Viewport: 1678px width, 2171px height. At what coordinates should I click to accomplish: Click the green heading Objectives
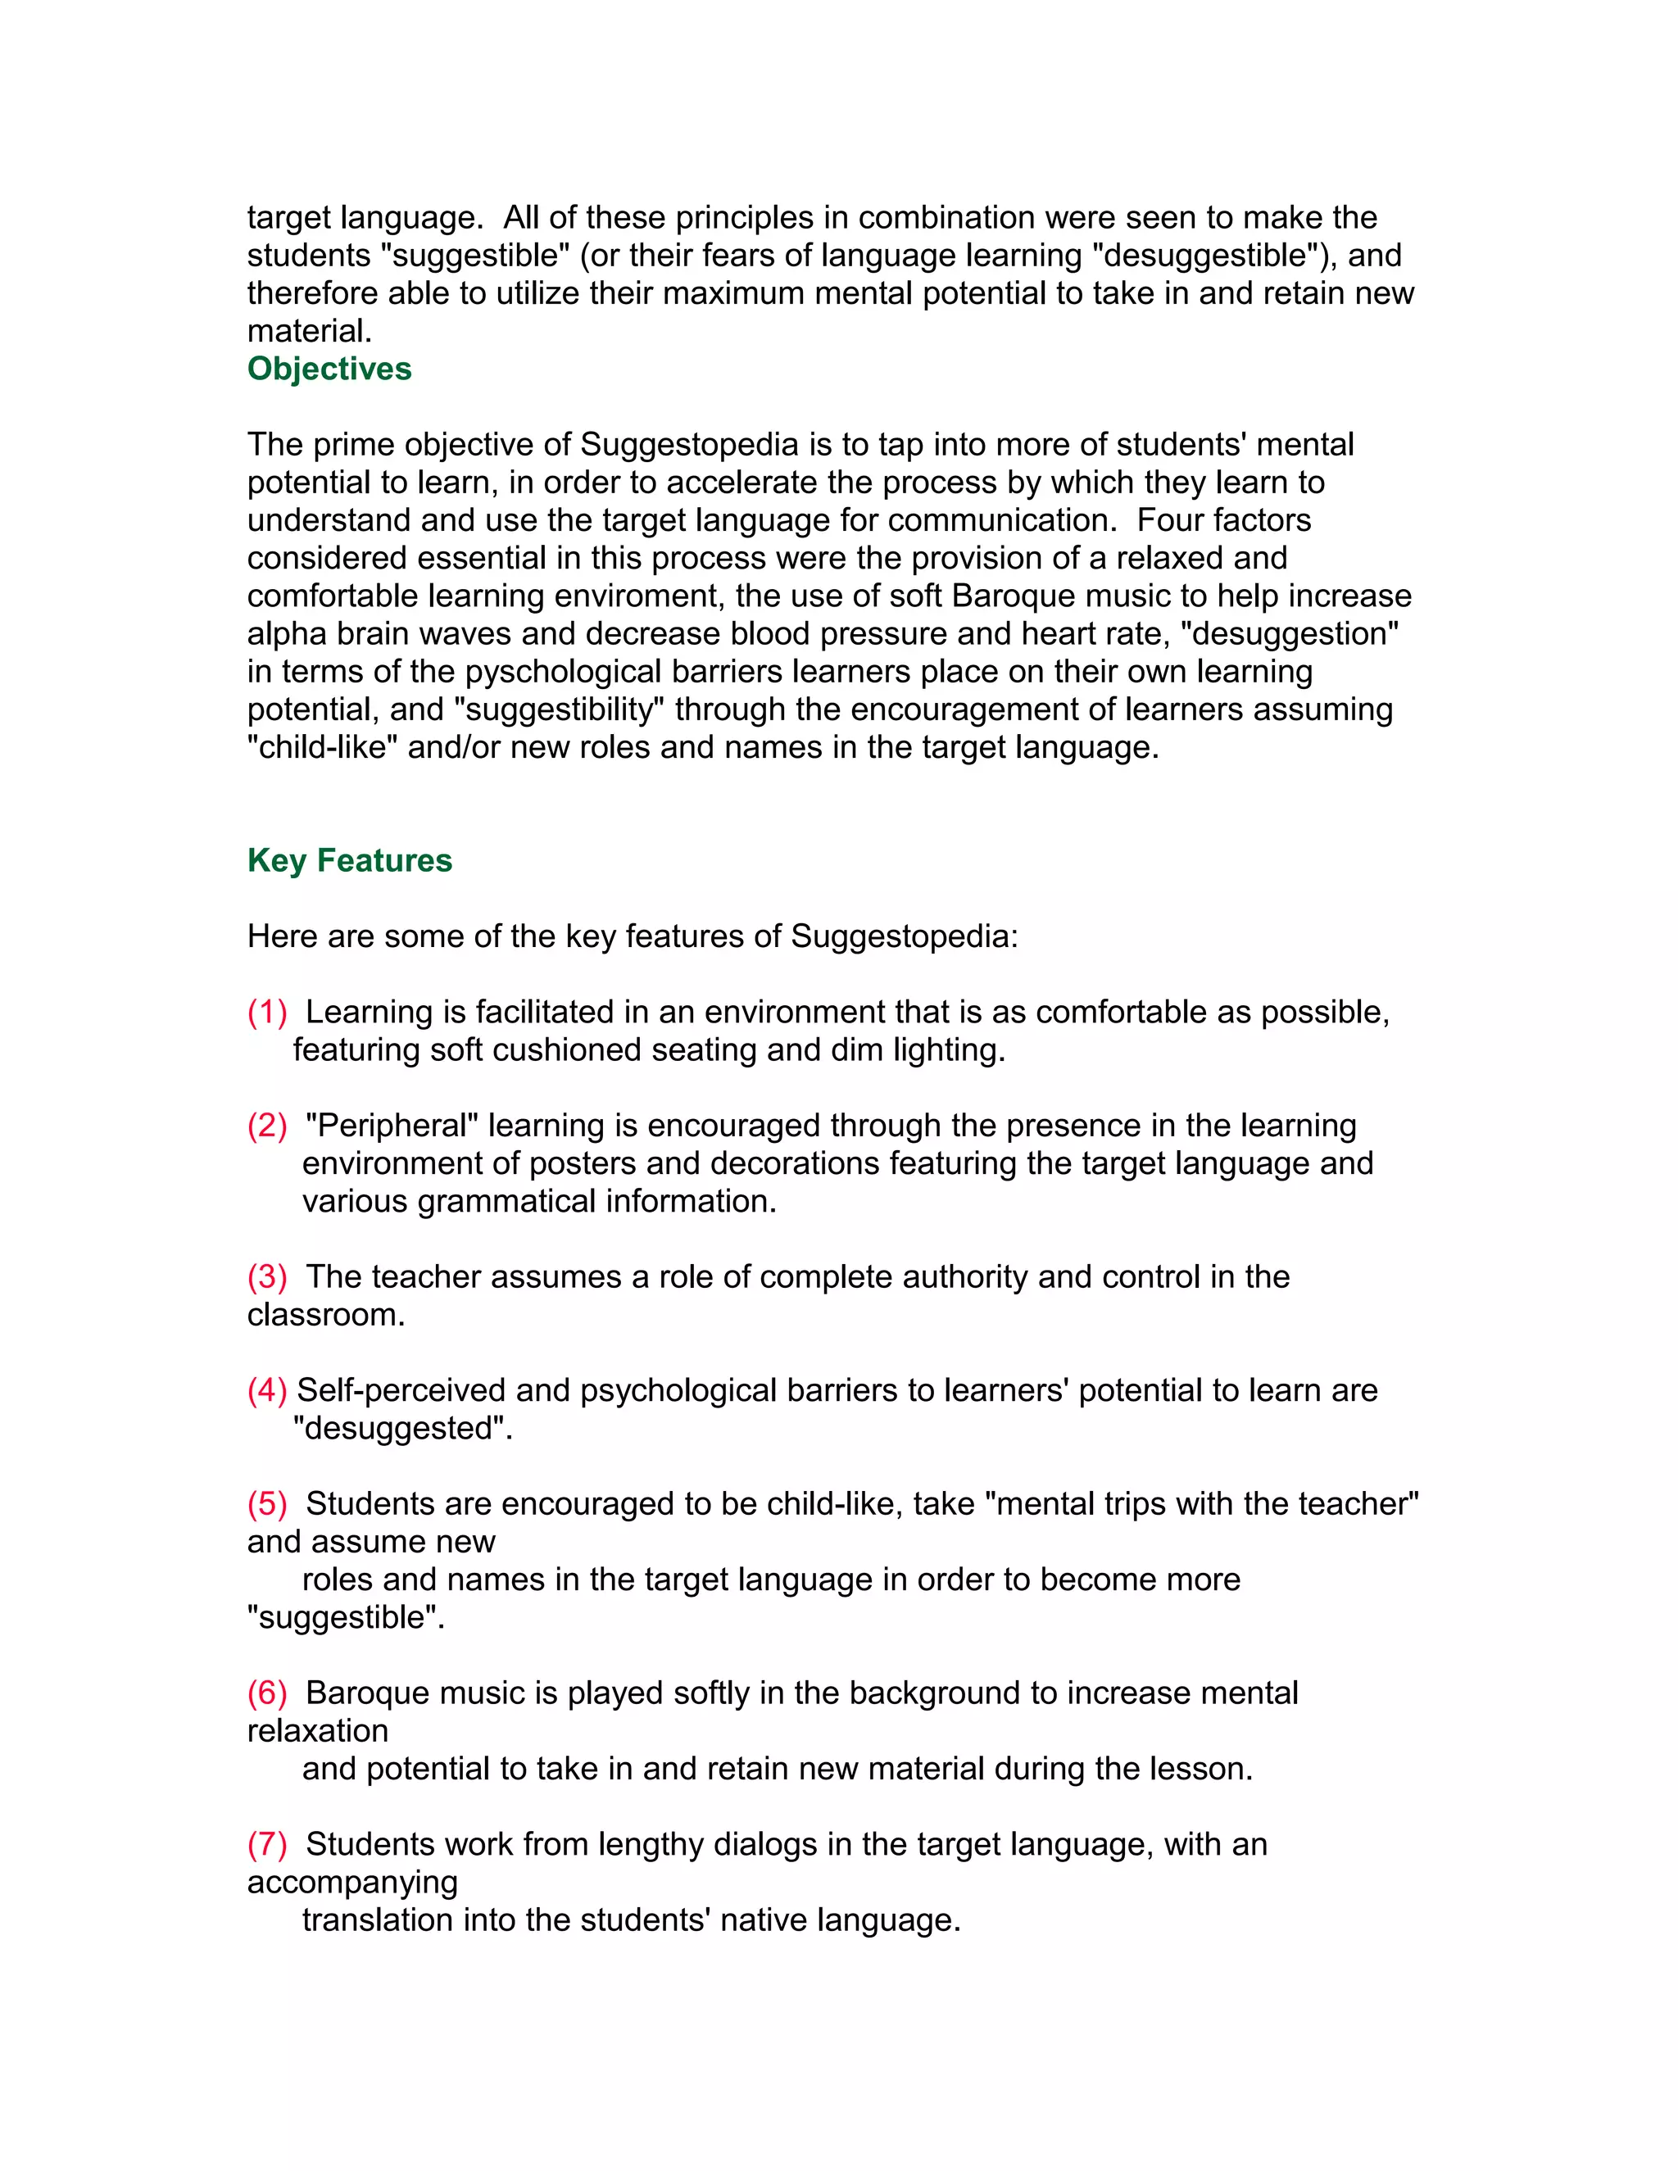pos(329,369)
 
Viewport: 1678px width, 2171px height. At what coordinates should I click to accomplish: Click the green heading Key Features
pos(349,861)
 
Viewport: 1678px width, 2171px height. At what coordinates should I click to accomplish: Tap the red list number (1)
pos(266,1012)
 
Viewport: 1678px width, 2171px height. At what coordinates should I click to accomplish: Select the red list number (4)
pos(266,1391)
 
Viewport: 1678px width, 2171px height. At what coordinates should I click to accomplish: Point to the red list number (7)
pos(266,1845)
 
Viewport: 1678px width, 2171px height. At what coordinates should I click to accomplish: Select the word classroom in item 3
pos(325,1315)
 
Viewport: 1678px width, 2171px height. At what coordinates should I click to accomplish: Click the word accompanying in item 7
pos(351,1883)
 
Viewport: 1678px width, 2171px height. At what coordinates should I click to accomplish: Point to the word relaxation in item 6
pos(317,1732)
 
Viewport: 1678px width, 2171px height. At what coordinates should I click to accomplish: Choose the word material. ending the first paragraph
pos(309,331)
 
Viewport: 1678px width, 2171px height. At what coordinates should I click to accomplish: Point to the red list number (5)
pos(266,1504)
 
